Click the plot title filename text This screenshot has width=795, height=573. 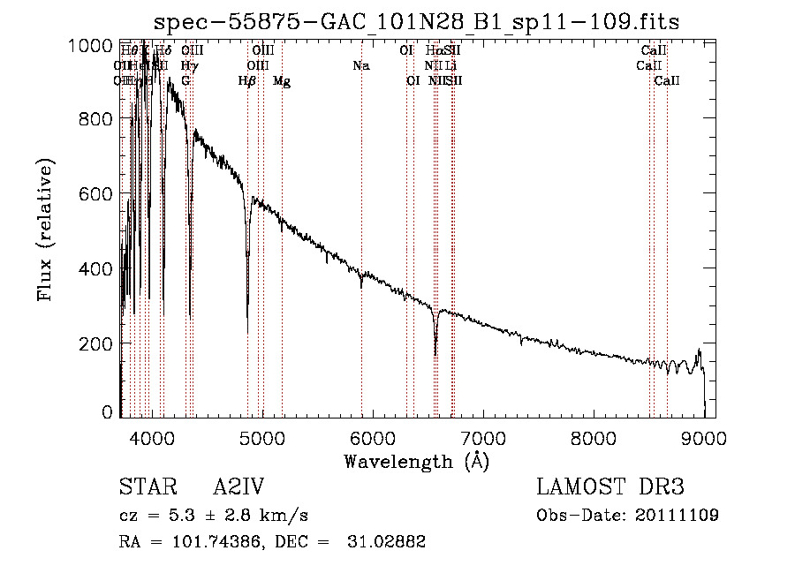(x=416, y=22)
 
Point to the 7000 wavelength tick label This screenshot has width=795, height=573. (x=483, y=437)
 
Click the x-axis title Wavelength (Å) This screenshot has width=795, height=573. (x=416, y=460)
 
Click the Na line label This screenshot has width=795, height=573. (x=360, y=65)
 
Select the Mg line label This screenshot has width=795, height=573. (x=282, y=81)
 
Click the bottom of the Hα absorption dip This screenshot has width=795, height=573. (x=435, y=353)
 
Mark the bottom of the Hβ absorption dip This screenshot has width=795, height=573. (x=247, y=304)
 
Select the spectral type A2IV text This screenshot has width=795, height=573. (x=239, y=488)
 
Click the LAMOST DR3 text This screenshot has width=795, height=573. (x=610, y=488)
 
